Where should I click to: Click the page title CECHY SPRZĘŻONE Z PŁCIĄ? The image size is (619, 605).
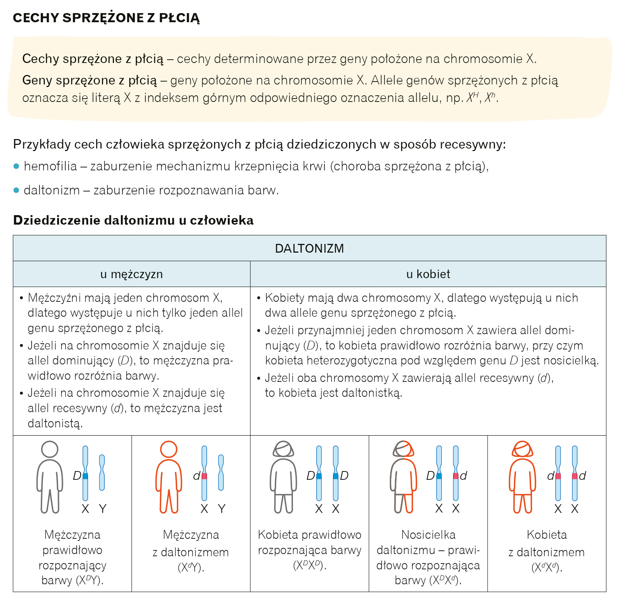click(x=106, y=18)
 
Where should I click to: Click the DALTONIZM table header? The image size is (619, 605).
click(x=309, y=248)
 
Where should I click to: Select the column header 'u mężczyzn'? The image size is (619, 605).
click(x=131, y=274)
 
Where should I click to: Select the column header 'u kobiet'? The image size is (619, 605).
click(x=428, y=274)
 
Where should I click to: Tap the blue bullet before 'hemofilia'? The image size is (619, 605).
click(x=16, y=166)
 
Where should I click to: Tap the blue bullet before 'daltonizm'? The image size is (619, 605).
click(x=16, y=190)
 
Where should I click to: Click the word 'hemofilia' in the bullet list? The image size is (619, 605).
click(x=50, y=166)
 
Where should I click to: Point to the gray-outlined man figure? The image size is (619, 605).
click(x=49, y=477)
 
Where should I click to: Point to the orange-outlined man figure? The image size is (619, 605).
click(x=168, y=477)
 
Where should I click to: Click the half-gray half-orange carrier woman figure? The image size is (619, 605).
click(x=403, y=477)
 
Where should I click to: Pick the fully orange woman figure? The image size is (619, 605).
click(x=522, y=477)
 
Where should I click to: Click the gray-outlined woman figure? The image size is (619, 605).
click(x=283, y=477)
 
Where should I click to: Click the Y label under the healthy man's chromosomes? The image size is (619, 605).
click(x=103, y=509)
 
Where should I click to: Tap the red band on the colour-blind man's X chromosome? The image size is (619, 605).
click(x=204, y=476)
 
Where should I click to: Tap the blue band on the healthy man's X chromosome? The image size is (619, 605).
click(x=86, y=476)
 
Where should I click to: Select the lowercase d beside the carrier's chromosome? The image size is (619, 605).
click(x=463, y=476)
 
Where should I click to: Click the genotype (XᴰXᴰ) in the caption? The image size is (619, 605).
click(x=309, y=565)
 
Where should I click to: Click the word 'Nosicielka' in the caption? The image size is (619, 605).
click(x=428, y=535)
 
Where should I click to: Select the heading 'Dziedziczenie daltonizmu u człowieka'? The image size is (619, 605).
click(x=133, y=220)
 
